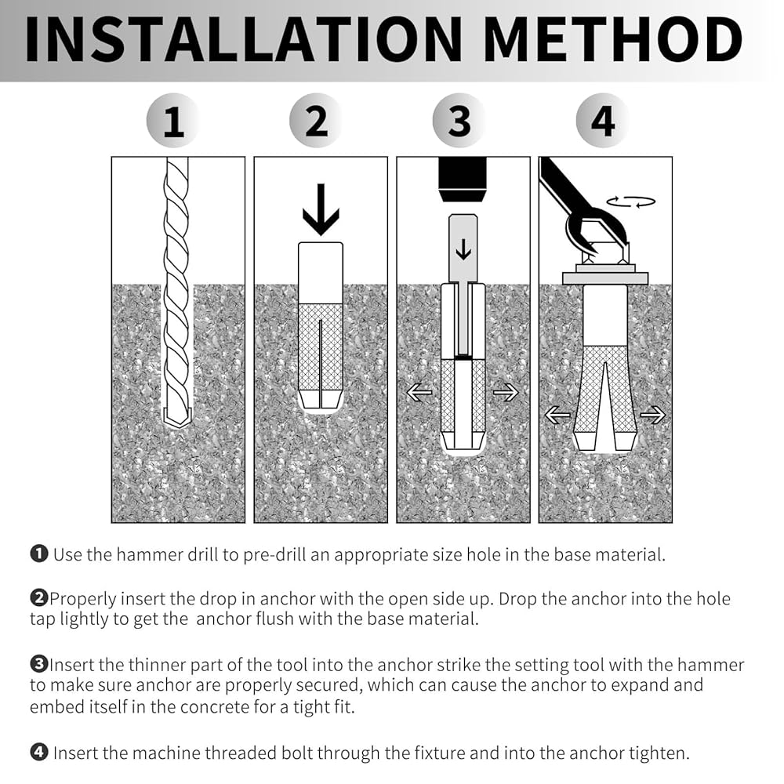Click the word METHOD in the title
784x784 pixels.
pos(614,40)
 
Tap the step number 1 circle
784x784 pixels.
pos(173,121)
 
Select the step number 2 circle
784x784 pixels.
pos(316,121)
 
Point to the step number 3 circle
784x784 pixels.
pos(459,121)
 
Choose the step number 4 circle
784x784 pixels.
pos(602,121)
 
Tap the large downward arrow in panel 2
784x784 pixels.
pos(321,210)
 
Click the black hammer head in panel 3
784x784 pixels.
pos(463,180)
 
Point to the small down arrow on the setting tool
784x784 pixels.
pos(463,249)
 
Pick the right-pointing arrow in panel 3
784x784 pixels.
pos(506,393)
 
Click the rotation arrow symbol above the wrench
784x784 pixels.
pos(631,201)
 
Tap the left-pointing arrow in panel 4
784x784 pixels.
pos(557,415)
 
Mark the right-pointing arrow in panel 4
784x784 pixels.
pos(652,415)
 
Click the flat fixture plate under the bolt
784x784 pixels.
pos(605,278)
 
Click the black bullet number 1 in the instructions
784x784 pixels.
pos(39,554)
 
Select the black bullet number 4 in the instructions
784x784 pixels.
pos(39,753)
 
